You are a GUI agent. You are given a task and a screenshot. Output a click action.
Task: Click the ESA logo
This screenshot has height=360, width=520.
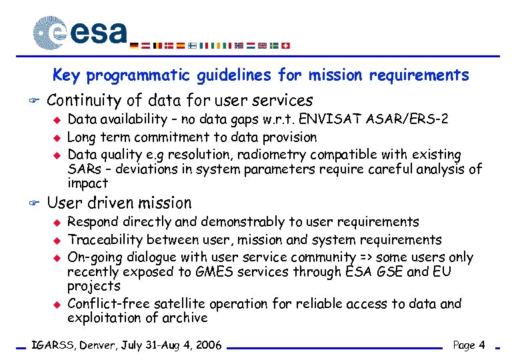[80, 32]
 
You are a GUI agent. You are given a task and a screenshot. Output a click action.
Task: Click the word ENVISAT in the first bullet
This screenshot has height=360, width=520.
[328, 119]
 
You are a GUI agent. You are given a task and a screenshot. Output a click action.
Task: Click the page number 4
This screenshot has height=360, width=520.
[481, 345]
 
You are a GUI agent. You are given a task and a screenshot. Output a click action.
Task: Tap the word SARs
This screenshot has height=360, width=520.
[83, 169]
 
